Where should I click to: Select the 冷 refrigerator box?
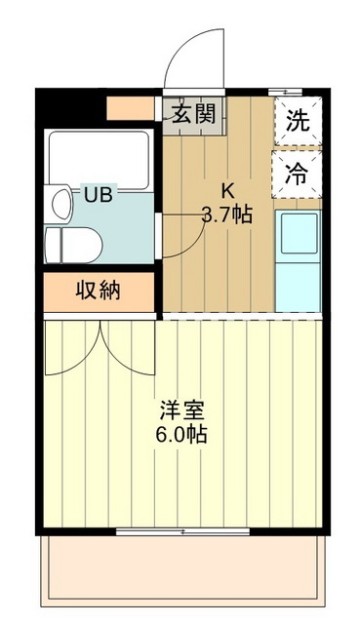pyautogui.click(x=298, y=175)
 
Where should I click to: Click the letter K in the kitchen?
pyautogui.click(x=226, y=191)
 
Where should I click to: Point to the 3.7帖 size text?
pyautogui.click(x=226, y=214)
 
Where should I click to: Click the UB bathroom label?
pyautogui.click(x=97, y=194)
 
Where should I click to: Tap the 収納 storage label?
pyautogui.click(x=99, y=291)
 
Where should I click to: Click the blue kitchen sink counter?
pyautogui.click(x=298, y=255)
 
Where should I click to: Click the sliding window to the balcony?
pyautogui.click(x=182, y=531)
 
